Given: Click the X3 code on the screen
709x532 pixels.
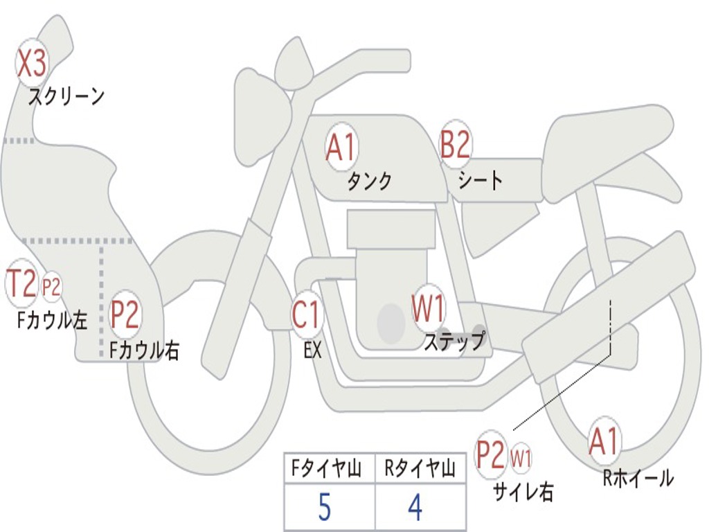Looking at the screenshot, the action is (x=31, y=64).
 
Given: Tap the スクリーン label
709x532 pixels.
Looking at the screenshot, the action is (x=66, y=96).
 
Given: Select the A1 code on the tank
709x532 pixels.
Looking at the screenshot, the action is (x=341, y=148).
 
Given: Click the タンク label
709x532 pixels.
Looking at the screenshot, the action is (x=369, y=181).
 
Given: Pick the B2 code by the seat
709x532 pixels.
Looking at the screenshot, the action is (x=456, y=145).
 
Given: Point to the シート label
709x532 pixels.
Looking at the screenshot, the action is (x=481, y=181).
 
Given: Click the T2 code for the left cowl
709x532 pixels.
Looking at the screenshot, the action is (x=21, y=283).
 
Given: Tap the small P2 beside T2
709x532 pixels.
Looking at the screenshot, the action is (x=51, y=286).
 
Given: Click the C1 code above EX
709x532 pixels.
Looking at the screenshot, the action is (x=307, y=315).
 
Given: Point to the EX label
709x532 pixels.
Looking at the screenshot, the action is (x=312, y=351).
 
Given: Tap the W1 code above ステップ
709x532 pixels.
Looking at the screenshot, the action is (x=429, y=309).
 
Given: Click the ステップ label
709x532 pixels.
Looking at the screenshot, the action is (x=454, y=342).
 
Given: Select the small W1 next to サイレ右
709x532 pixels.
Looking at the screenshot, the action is (x=521, y=458).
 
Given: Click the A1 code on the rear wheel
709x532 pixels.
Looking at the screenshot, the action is (x=604, y=441).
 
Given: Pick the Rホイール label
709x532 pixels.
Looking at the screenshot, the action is (x=638, y=478).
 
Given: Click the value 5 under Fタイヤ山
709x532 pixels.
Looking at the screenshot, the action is (x=325, y=508).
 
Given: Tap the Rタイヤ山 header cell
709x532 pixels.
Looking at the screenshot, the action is (x=420, y=470).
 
